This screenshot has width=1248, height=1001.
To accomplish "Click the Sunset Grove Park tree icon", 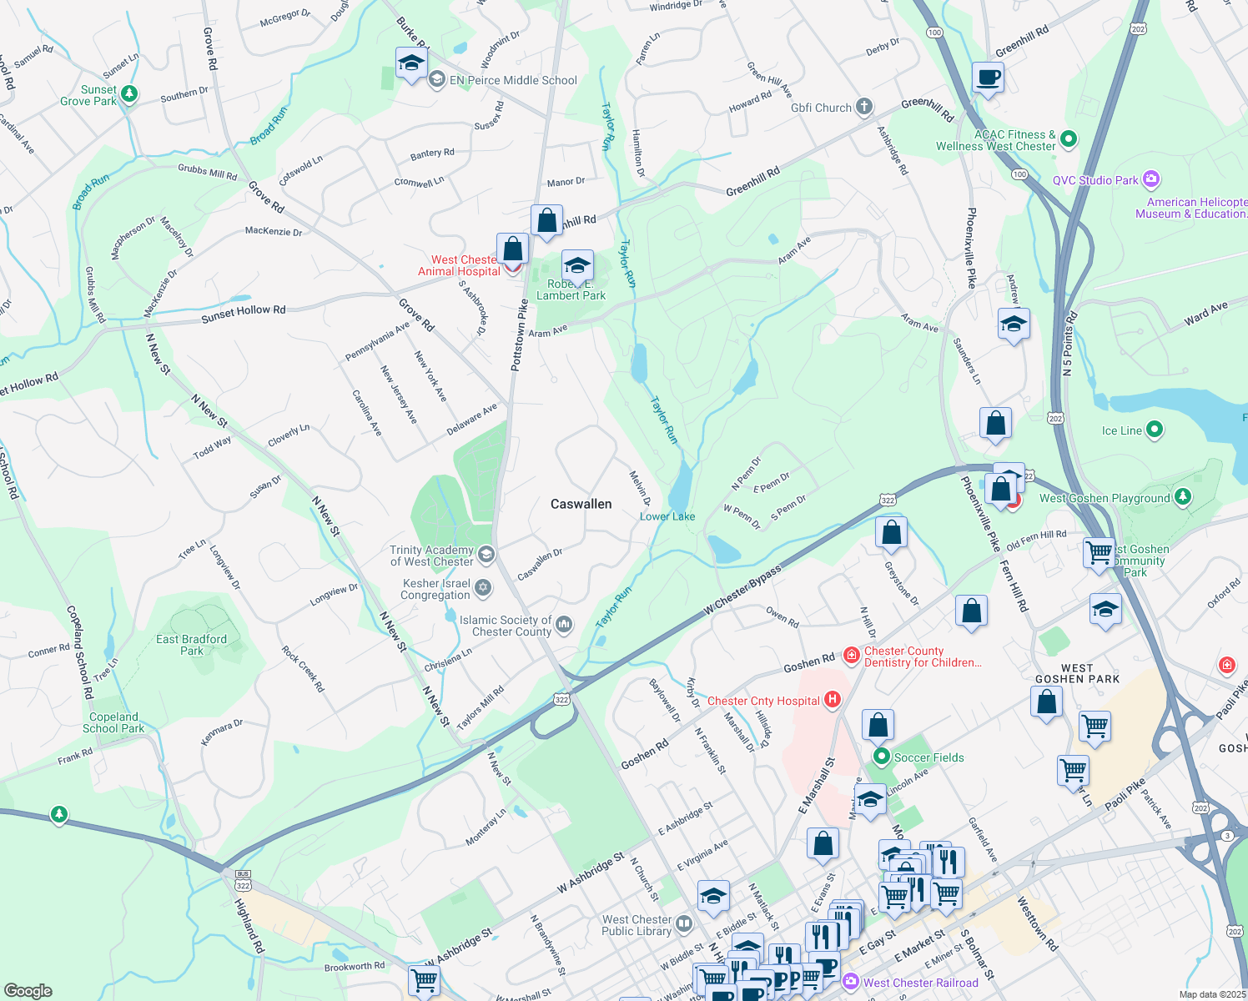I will [129, 93].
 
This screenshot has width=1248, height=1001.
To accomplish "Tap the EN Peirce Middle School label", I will [512, 81].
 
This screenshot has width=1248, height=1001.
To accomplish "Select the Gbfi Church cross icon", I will [864, 107].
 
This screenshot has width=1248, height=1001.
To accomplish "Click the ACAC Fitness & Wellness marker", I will [1069, 139].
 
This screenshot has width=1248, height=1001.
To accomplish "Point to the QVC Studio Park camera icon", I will [1151, 179].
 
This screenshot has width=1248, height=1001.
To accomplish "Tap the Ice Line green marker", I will [1155, 430].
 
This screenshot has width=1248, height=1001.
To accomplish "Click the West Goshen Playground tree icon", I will [1182, 498].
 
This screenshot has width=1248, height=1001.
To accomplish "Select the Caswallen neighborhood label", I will [581, 504].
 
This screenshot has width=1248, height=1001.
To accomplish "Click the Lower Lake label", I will [667, 516].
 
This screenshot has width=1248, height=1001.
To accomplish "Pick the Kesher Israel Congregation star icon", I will [483, 589].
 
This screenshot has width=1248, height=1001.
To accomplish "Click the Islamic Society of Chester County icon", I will [564, 625].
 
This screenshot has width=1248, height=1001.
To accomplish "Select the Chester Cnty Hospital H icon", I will [832, 700].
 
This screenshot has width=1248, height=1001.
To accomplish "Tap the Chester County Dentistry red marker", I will [852, 656].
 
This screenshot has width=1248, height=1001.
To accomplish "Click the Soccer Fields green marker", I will [882, 757].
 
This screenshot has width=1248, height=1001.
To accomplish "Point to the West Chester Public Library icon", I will [684, 924].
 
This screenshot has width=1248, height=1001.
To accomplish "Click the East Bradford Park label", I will [191, 645].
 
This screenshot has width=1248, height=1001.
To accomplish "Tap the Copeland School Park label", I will [113, 722].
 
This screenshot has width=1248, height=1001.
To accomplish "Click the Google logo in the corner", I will [28, 990].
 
